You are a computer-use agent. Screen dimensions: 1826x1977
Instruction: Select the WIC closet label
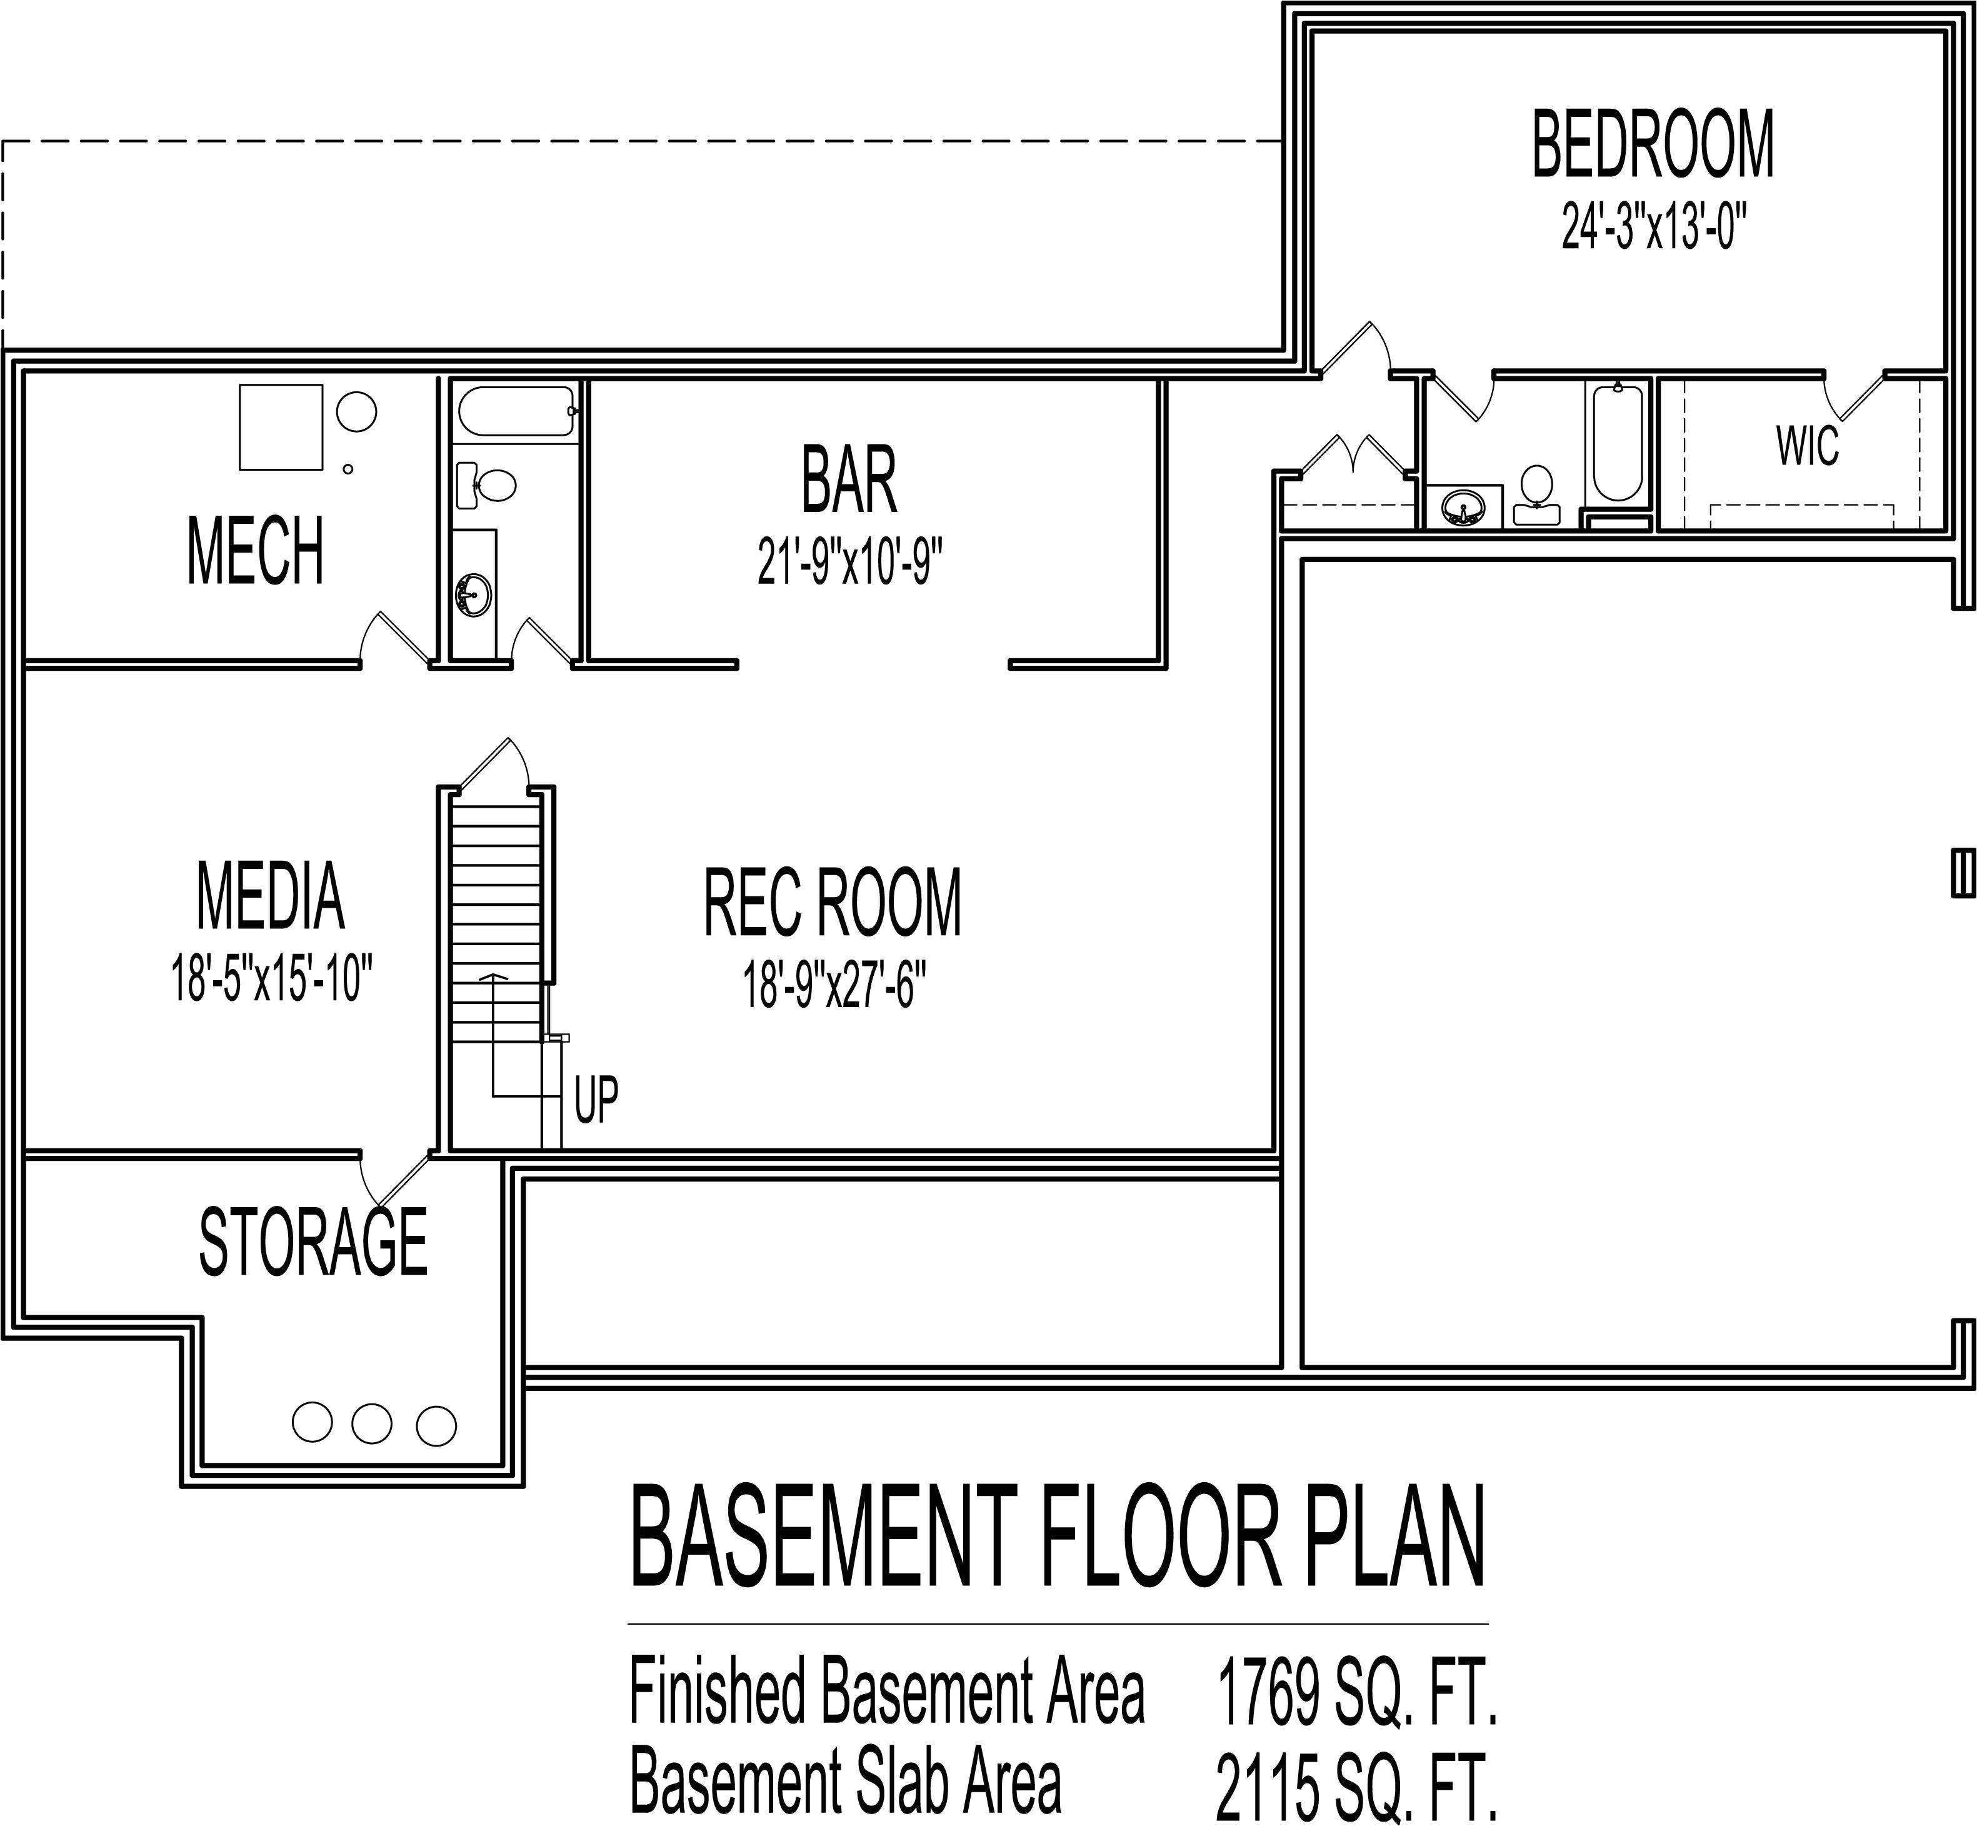(x=1807, y=446)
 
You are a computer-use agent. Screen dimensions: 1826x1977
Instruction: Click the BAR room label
(x=849, y=481)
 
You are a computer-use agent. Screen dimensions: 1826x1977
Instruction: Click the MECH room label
(x=255, y=551)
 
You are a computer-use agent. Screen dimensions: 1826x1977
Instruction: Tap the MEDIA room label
(x=271, y=896)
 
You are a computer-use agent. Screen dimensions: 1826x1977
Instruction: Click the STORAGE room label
(x=313, y=1242)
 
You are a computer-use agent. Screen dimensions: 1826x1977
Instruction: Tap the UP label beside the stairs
(x=596, y=1099)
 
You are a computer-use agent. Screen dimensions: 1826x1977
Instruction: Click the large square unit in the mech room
(x=281, y=427)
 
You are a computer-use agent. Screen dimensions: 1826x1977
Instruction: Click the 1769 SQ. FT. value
(x=1356, y=1693)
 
